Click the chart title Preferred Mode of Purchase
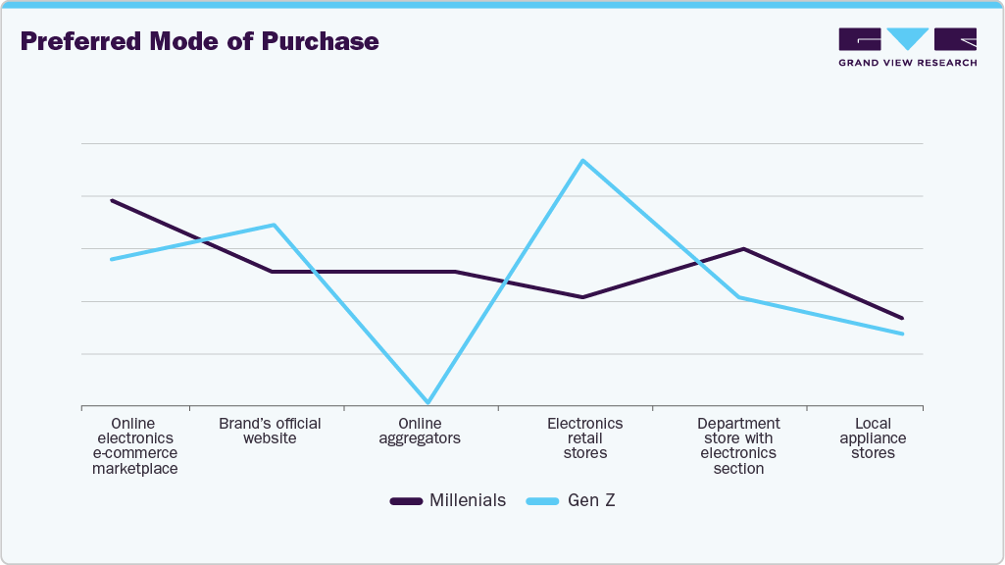tap(199, 41)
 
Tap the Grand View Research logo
tap(907, 46)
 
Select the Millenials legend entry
tap(448, 500)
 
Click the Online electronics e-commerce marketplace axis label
tap(135, 446)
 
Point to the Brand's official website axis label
tap(270, 431)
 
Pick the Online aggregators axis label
tap(420, 431)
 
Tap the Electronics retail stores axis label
tap(584, 438)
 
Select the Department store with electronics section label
tap(738, 446)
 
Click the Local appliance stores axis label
tap(873, 438)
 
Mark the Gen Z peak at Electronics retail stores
tap(583, 160)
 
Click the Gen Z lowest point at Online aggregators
tap(427, 402)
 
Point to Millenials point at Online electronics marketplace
tap(112, 200)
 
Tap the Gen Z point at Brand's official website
tap(274, 225)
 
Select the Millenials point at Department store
tap(743, 249)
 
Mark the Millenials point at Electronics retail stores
tap(583, 297)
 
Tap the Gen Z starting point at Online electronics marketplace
tap(112, 259)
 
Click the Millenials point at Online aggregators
tap(455, 272)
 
